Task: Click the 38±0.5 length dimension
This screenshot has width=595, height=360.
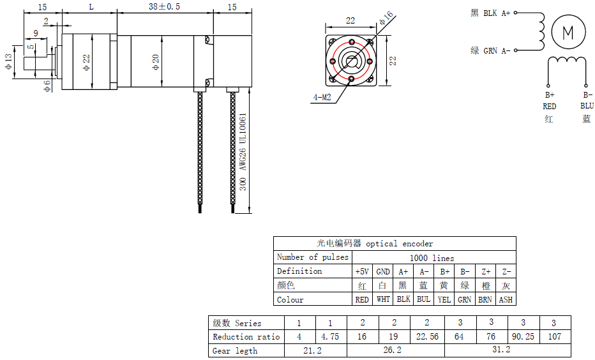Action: [x=164, y=7]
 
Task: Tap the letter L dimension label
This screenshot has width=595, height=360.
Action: [x=91, y=7]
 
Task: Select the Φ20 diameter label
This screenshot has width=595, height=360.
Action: [x=156, y=62]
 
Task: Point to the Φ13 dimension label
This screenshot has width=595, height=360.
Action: [x=8, y=61]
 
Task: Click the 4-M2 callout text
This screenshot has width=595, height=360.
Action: [x=322, y=98]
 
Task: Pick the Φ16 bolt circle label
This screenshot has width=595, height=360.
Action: [x=386, y=17]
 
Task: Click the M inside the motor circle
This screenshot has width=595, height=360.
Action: [x=568, y=33]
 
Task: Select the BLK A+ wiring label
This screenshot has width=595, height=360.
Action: [x=497, y=13]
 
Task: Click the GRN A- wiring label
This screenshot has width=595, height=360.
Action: [x=497, y=51]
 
